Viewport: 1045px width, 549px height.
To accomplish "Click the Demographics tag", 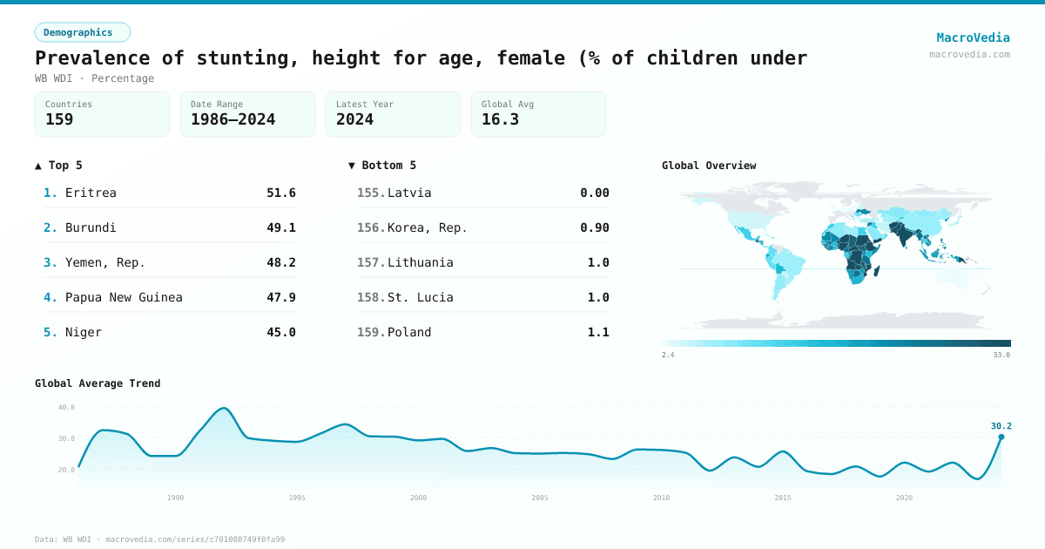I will click(82, 32).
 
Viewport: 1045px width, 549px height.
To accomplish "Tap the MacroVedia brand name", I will click(973, 37).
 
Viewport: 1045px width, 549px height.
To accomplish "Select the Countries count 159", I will click(59, 119).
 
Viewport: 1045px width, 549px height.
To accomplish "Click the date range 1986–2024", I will click(233, 119).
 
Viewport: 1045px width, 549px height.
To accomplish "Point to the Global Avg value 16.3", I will click(500, 119).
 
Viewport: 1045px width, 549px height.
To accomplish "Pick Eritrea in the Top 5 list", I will click(91, 193).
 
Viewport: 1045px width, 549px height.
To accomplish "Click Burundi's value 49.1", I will click(281, 227).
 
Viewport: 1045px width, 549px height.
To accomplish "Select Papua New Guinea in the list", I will click(124, 297).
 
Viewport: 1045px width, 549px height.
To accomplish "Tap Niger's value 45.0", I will click(281, 332).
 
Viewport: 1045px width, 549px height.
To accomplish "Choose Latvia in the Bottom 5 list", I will click(409, 193).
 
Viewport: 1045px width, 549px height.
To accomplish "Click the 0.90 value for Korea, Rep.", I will click(595, 227).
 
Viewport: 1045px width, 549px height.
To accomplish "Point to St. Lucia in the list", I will click(421, 297).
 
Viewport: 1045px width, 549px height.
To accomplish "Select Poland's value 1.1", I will click(598, 332).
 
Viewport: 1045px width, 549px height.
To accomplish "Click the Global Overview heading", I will click(709, 166).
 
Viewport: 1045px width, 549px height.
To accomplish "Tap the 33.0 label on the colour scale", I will click(1001, 355).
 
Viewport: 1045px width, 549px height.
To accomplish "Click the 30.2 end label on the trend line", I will click(1001, 426).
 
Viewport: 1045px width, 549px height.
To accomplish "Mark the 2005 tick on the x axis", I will click(540, 498).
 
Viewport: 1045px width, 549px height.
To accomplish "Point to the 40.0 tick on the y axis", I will click(67, 407).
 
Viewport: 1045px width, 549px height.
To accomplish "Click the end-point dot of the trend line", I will click(1001, 437).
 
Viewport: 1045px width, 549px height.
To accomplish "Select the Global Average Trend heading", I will click(98, 383).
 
